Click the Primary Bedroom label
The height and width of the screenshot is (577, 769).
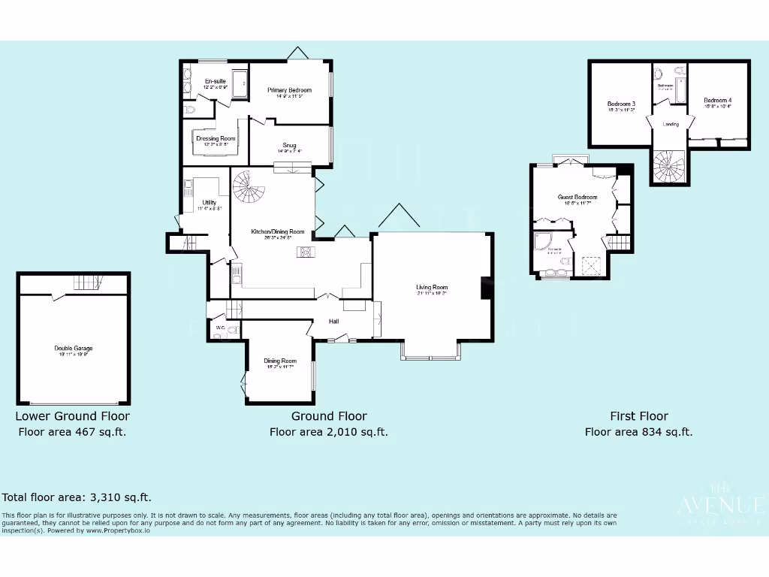pos(289,90)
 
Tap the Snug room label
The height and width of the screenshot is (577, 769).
pos(289,145)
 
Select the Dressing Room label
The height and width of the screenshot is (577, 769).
pos(216,138)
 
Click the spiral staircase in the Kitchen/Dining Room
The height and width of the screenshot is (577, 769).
pos(247,187)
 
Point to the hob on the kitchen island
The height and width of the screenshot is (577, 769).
pos(306,252)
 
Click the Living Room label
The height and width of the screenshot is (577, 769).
pos(432,287)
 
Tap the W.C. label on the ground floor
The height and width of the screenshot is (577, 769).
pos(221,328)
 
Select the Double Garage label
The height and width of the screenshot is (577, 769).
pos(74,349)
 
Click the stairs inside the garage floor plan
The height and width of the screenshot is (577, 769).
pos(87,282)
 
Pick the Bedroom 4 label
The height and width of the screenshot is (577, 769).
pos(717,101)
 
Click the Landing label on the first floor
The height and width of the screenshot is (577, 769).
pos(671,124)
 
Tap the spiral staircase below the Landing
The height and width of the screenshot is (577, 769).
pos(668,164)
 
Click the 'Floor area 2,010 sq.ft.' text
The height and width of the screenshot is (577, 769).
pos(328,432)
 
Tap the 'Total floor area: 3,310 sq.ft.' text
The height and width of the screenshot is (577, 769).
pos(77,497)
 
